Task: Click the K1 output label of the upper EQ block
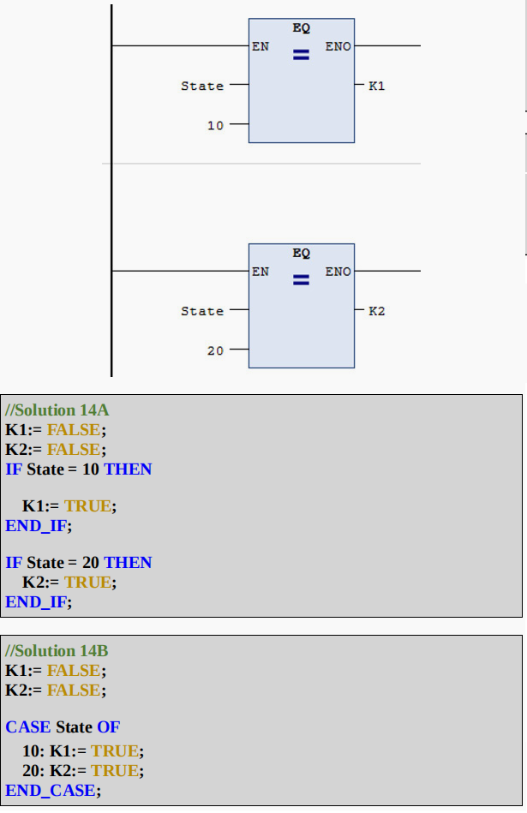point(377,87)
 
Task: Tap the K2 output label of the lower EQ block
point(377,312)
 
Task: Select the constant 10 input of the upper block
point(215,126)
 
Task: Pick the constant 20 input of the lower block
point(215,351)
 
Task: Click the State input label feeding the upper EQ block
point(202,87)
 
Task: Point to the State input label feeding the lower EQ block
point(202,312)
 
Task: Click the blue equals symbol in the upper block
point(301,57)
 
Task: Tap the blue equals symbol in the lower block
point(301,281)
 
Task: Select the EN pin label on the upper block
point(261,46)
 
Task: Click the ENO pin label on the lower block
point(338,272)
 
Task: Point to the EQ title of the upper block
point(301,28)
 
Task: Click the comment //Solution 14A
point(57,410)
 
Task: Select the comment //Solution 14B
point(57,651)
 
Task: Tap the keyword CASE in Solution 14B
point(28,727)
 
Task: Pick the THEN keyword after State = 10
point(128,469)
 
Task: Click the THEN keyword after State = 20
point(128,563)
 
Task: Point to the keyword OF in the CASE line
point(108,727)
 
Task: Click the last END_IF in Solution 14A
point(37,602)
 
